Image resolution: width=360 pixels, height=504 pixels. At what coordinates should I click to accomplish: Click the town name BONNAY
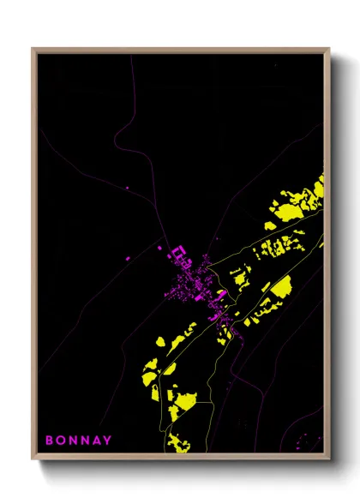pos(78,441)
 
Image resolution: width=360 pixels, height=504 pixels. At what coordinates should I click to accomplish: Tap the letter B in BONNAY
pos(49,441)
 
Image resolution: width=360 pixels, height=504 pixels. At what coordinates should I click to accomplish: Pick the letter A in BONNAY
pos(96,441)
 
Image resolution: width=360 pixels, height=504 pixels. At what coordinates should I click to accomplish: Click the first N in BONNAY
pos(72,441)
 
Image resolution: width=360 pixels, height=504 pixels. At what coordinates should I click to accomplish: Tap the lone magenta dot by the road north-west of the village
pos(127,187)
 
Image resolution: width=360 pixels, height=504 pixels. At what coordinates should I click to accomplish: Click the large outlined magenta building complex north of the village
pos(181,256)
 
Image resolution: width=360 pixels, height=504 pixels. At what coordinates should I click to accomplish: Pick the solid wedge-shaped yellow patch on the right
pos(279,286)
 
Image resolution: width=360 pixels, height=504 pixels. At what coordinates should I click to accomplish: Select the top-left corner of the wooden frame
pos(33,50)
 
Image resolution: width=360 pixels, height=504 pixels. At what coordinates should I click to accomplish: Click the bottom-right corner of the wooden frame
pos(329,459)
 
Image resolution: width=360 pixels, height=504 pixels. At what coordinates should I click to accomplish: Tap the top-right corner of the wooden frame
pos(329,50)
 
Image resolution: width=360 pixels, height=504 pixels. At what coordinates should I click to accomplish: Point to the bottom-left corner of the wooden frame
pos(33,459)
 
